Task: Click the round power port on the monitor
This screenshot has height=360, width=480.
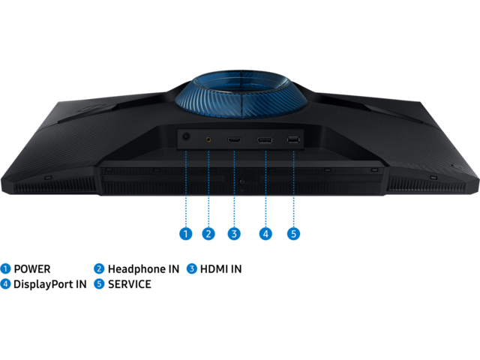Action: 186,136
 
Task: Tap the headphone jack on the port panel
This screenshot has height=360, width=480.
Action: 208,139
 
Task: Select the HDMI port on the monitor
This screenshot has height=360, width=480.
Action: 234,140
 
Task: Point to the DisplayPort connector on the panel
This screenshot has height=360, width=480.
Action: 265,140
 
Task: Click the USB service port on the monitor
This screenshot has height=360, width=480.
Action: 293,140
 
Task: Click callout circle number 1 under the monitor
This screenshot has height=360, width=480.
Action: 185,234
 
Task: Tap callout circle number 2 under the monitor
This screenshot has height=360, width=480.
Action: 208,234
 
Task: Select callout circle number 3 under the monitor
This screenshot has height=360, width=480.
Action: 234,234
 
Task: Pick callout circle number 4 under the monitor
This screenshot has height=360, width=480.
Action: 265,234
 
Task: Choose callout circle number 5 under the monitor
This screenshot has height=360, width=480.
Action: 293,234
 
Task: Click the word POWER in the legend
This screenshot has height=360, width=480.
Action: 32,269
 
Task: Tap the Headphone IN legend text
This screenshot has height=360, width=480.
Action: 143,269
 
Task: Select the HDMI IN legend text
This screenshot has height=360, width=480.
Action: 220,269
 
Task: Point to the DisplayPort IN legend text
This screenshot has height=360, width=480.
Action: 50,284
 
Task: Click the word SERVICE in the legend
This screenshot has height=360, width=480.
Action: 130,284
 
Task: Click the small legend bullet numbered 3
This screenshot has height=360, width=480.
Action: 192,268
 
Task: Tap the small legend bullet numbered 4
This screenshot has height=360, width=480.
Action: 5,283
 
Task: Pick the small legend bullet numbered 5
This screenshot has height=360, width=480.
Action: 99,283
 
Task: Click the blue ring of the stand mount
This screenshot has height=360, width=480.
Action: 241,94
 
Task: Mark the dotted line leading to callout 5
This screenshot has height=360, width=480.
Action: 293,189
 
